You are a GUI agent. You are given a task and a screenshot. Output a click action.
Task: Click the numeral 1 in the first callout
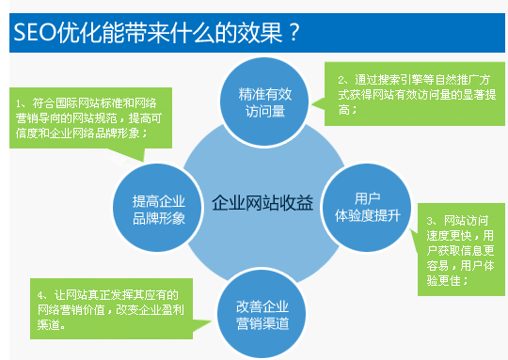click(20, 102)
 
